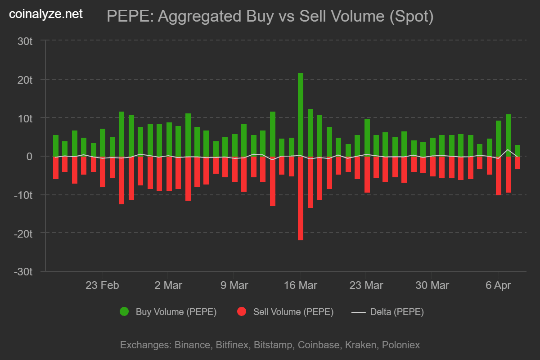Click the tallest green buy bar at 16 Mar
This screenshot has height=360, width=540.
pos(300,115)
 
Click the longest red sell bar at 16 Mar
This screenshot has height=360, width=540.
pos(300,198)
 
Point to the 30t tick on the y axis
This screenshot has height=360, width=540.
pos(25,41)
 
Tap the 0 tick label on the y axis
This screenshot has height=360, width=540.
pos(30,157)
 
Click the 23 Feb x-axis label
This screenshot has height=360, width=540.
pos(102,285)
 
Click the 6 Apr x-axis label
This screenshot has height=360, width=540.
pos(498,285)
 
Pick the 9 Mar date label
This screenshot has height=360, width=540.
pos(234,285)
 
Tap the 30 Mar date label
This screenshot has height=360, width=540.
pos(432,285)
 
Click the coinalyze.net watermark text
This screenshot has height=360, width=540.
pos(46,14)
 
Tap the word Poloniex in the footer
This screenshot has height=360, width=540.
pos(400,345)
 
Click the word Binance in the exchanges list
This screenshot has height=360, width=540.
pos(191,345)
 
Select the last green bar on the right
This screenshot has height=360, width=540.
pos(517,151)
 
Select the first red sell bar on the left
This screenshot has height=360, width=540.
pos(56,167)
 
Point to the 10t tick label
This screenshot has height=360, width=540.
pos(25,118)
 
